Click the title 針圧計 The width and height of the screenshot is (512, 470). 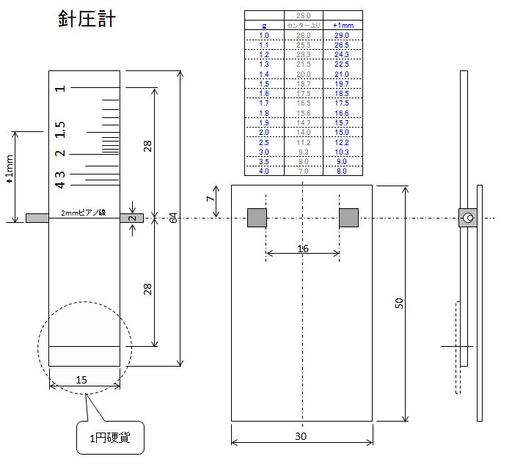click(x=87, y=19)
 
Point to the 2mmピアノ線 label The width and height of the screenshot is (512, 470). click(x=84, y=213)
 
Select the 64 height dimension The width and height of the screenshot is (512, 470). click(x=173, y=219)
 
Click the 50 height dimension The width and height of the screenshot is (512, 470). click(x=399, y=303)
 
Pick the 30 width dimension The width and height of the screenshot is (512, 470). click(x=301, y=436)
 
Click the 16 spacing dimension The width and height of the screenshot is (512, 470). click(x=302, y=249)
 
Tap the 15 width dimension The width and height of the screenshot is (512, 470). click(x=83, y=379)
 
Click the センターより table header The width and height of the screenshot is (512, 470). click(x=302, y=25)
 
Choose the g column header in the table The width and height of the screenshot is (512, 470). click(x=264, y=25)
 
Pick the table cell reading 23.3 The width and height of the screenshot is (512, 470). click(x=302, y=55)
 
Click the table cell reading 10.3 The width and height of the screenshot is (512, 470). click(x=343, y=152)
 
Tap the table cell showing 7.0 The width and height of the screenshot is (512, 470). click(x=302, y=171)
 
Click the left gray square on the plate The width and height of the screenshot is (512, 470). click(x=257, y=218)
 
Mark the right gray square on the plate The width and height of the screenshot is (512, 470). click(x=348, y=218)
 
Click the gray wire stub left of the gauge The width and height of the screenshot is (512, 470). click(x=37, y=218)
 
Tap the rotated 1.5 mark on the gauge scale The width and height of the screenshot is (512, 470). click(x=60, y=130)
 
